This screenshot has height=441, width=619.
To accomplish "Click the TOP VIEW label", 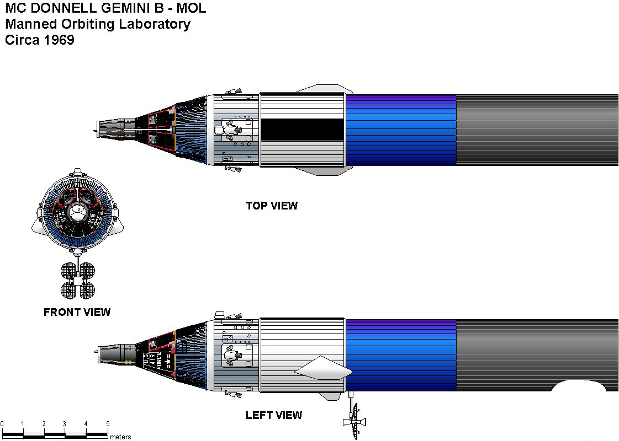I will pyautogui.click(x=272, y=206).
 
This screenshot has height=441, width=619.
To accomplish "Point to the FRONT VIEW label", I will pyautogui.click(x=77, y=312).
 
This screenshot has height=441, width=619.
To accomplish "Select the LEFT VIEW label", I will pyautogui.click(x=274, y=415).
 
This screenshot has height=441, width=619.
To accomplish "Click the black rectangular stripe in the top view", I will pyautogui.click(x=302, y=129).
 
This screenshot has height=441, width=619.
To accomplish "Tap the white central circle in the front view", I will pyautogui.click(x=78, y=210).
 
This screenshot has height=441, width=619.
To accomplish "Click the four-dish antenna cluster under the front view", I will pyautogui.click(x=78, y=279).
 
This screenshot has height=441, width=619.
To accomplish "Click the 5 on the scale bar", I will pyautogui.click(x=107, y=423).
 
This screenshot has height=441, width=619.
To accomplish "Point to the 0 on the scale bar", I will pyautogui.click(x=2, y=423).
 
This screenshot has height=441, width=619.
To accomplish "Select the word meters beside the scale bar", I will pyautogui.click(x=120, y=437).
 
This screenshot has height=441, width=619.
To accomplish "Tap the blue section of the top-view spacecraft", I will pyautogui.click(x=400, y=130).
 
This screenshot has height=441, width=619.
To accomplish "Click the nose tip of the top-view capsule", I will pyautogui.click(x=95, y=130).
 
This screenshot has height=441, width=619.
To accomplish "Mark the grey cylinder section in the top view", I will pyautogui.click(x=536, y=130).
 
